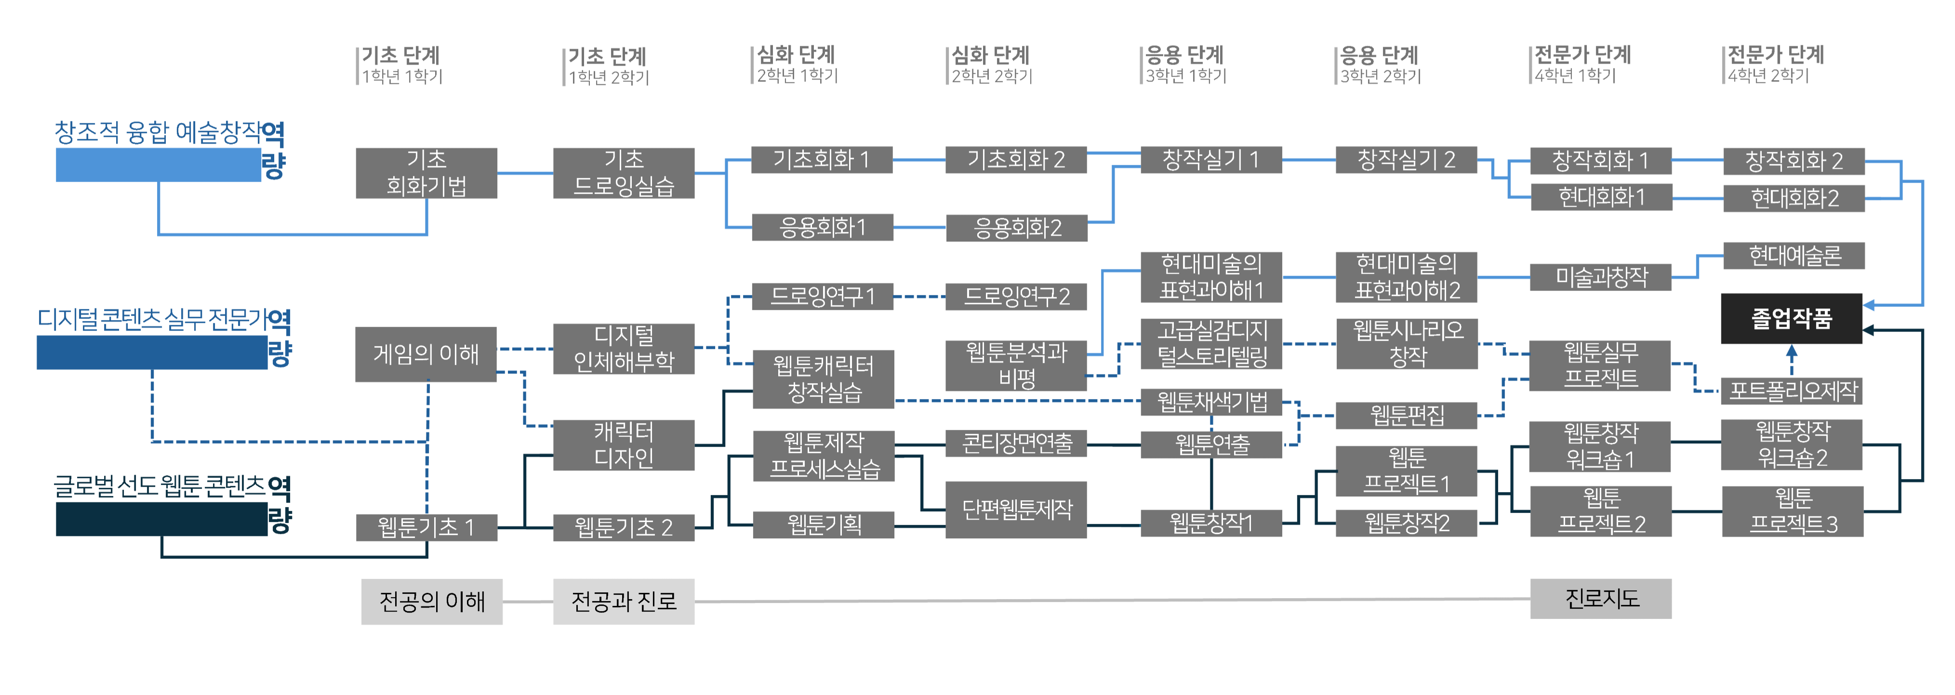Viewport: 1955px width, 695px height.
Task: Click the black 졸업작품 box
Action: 1791,319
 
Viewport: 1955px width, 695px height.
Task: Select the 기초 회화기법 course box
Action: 426,173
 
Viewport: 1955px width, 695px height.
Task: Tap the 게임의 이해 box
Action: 426,354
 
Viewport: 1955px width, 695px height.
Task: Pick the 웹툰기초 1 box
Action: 426,527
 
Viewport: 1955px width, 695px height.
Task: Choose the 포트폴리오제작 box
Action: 1793,391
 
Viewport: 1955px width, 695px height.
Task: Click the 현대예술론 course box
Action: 1794,256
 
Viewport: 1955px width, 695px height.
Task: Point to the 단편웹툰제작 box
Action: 1016,509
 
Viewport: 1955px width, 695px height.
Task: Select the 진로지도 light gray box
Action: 1601,599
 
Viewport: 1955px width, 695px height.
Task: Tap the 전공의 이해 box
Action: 432,601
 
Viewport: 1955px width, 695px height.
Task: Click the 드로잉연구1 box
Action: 823,296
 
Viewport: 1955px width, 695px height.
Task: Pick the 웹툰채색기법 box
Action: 1211,402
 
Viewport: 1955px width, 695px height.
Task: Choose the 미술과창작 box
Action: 1601,277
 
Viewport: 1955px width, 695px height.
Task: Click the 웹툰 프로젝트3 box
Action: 1793,511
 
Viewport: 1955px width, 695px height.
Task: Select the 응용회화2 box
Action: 1017,227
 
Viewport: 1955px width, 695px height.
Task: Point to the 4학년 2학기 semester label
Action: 1769,76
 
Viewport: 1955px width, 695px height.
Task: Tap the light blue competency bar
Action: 158,165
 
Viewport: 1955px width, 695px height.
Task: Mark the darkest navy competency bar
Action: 161,519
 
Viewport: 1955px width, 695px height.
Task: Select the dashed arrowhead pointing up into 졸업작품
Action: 1792,351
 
